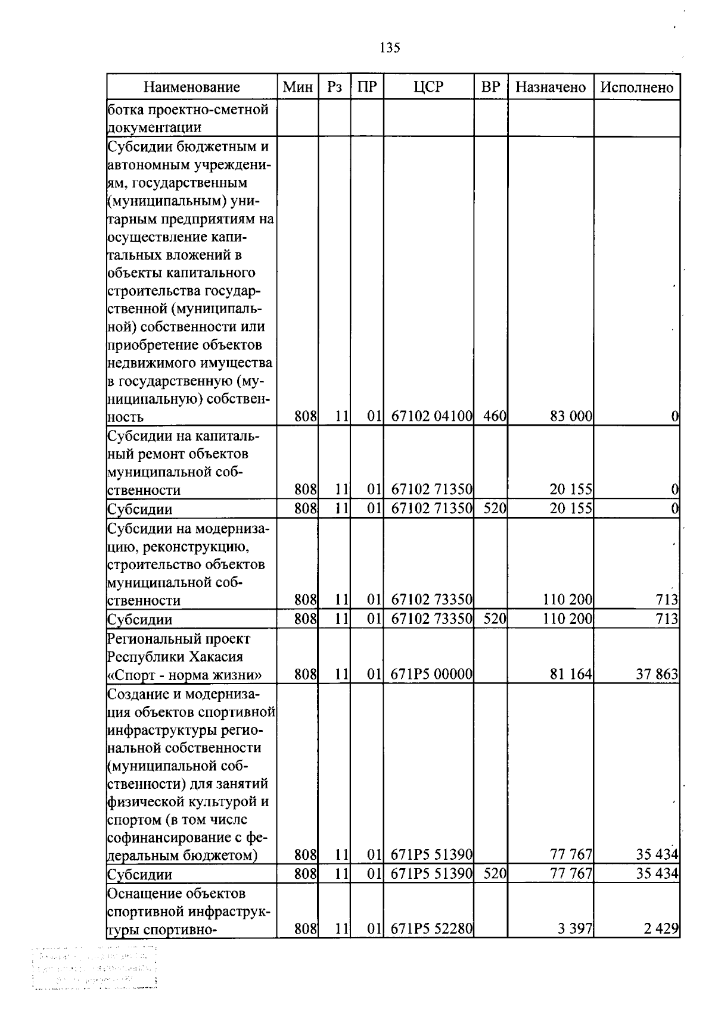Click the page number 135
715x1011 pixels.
tap(390, 48)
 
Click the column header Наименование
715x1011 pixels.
tap(192, 88)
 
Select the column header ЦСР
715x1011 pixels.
tap(428, 87)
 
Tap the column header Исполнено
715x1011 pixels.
tap(637, 88)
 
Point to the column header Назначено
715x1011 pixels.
tap(551, 88)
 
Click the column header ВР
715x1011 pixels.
tap(490, 87)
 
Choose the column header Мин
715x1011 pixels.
tap(297, 88)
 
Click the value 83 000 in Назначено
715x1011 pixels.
tap(571, 417)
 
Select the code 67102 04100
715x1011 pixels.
tap(431, 417)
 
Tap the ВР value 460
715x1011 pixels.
tap(495, 417)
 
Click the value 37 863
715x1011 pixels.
tap(657, 675)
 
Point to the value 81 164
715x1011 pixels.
tap(571, 675)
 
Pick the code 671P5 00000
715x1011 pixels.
tap(431, 675)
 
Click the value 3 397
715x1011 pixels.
tap(575, 929)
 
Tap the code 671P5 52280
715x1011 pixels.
tap(431, 929)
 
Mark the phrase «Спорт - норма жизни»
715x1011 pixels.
tap(184, 675)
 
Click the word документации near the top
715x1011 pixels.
tap(154, 127)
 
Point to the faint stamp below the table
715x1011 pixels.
tap(94, 971)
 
